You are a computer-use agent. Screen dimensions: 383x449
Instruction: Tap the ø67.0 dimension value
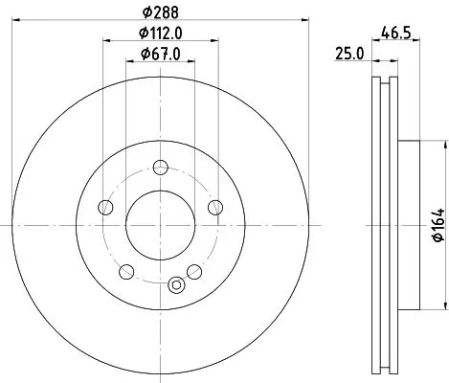(160, 54)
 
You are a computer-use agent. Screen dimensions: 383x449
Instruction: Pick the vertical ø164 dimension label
(436, 225)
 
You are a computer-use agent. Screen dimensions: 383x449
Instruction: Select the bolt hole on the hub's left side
(106, 208)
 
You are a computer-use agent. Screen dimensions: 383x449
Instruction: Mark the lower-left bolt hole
(126, 270)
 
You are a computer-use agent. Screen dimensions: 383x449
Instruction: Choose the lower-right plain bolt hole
(193, 270)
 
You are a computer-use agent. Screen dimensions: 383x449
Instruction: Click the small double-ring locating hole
(175, 284)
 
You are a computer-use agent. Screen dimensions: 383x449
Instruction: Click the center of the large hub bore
(160, 225)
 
